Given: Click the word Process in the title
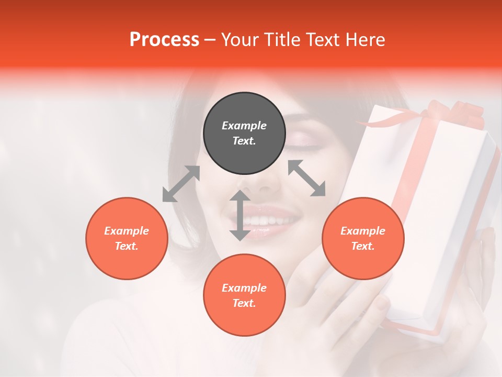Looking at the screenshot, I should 164,40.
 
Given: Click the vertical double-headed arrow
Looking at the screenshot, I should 240,215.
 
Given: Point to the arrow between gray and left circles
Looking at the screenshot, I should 181,184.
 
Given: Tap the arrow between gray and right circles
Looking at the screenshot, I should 306,178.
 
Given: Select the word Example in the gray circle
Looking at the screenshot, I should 244,126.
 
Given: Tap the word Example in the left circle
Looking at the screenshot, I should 127,231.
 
